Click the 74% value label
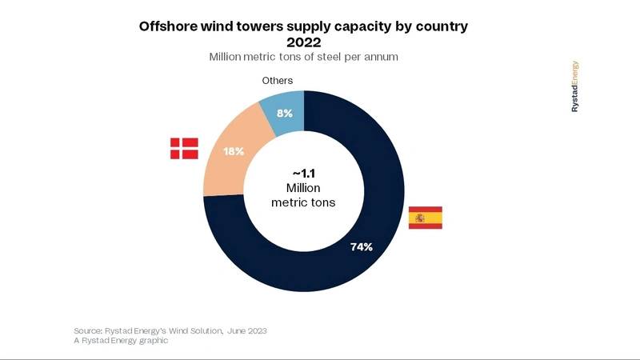(x=362, y=246)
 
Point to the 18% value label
(x=234, y=151)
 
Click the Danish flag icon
(x=184, y=147)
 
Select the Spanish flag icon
(x=425, y=218)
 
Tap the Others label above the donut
(x=278, y=81)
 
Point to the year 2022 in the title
(x=303, y=42)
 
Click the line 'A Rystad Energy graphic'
(x=119, y=341)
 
